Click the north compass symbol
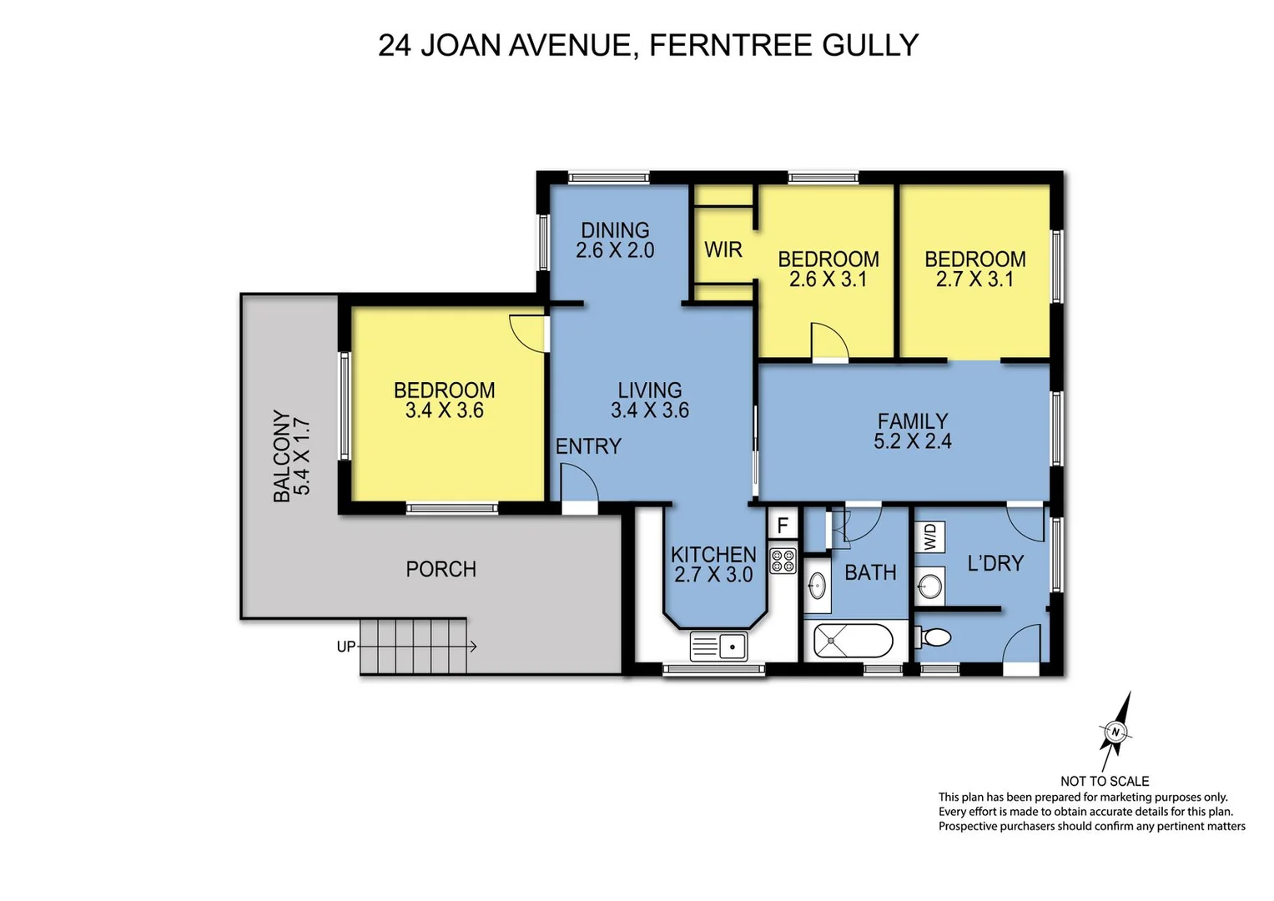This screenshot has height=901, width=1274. tap(1115, 732)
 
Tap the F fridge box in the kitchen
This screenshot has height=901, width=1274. tap(783, 525)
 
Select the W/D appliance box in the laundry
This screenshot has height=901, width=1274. tap(931, 536)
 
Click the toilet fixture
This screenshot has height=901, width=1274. tap(934, 638)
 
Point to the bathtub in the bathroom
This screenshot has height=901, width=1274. tap(853, 642)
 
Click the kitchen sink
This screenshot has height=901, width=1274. tap(718, 646)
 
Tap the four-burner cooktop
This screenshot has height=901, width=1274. tap(783, 561)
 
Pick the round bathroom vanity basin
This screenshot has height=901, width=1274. tap(817, 586)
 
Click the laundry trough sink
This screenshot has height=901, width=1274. tap(929, 586)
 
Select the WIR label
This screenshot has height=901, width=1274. tap(723, 249)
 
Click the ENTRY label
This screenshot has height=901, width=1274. tap(588, 446)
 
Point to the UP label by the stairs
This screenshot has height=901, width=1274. tap(345, 647)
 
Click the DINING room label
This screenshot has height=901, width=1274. tap(615, 230)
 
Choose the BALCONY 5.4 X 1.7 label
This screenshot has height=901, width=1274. tap(291, 456)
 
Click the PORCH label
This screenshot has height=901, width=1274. tap(441, 569)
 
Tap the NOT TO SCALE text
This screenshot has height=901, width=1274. tap(1104, 781)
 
